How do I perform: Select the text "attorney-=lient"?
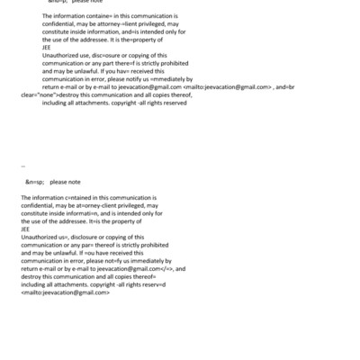(x=113, y=25)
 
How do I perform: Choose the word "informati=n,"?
(x=102, y=213)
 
